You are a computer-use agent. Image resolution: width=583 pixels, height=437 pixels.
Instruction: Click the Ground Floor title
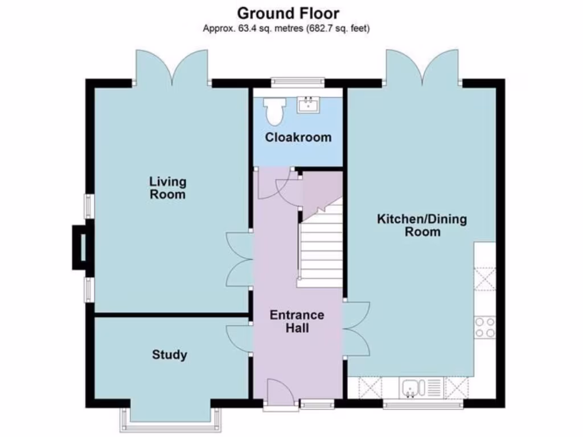point(288,13)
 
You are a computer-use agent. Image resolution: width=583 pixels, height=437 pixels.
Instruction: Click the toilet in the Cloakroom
point(274,110)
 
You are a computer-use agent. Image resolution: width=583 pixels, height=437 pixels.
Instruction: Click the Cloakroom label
point(298,137)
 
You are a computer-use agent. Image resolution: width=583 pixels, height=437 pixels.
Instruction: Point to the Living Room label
point(168,188)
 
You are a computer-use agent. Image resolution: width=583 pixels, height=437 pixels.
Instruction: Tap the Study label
point(169,355)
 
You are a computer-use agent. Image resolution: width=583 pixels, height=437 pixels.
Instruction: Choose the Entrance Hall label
point(297,321)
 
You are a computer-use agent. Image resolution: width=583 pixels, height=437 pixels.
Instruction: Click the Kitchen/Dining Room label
point(422,225)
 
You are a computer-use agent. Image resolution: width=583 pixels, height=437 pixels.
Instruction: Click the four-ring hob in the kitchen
point(485,327)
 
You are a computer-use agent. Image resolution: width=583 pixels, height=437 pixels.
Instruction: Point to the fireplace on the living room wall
point(80,247)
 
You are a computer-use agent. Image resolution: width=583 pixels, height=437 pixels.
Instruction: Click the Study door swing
point(238,339)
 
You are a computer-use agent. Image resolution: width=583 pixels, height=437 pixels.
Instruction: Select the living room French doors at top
point(171,67)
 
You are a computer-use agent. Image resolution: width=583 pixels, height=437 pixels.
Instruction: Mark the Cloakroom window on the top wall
point(298,83)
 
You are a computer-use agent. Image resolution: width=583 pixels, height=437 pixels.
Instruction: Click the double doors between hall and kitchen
point(356,328)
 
